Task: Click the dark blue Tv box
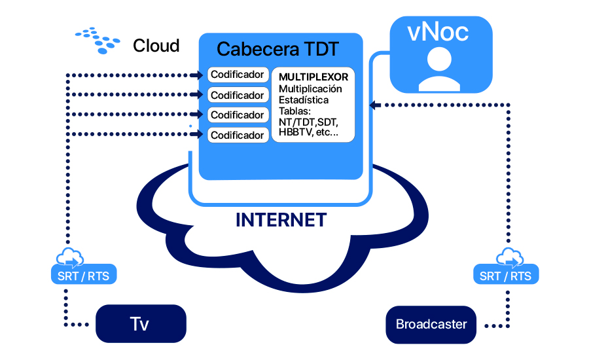coord(141,323)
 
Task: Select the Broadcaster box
coord(431,325)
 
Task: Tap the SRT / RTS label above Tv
coord(83,276)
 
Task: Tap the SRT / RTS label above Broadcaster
coord(506,276)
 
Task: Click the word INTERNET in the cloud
coord(281,220)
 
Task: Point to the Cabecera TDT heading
coord(278,49)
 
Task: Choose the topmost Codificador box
coord(238,75)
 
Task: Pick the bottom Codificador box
coord(238,135)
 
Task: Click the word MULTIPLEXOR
coord(313,77)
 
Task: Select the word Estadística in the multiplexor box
coord(304,100)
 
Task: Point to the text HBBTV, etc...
coord(308,132)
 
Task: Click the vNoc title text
coord(438,32)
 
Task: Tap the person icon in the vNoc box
coord(440,70)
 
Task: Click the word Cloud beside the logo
coord(156,46)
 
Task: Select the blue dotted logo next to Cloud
coord(98,40)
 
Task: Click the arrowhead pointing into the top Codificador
coord(197,75)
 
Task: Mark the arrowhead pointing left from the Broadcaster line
coord(375,105)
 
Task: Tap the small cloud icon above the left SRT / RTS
coord(70,257)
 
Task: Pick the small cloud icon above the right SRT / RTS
coord(510,257)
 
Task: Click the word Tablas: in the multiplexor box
coord(295,111)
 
